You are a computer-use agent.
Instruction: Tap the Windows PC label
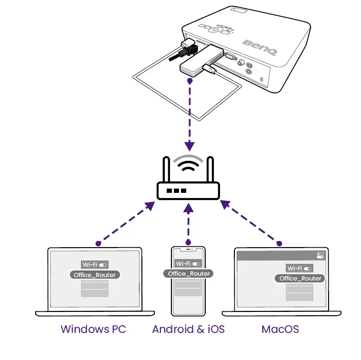[93, 329]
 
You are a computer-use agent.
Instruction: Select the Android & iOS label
[188, 329]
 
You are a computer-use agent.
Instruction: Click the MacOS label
[281, 329]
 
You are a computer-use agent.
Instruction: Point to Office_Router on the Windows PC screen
[94, 275]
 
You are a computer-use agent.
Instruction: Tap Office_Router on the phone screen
[189, 274]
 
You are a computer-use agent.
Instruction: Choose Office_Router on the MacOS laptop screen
[300, 279]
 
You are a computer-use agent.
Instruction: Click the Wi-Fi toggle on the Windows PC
[103, 264]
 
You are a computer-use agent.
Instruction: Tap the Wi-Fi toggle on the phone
[197, 264]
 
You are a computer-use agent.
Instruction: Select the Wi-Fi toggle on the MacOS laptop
[309, 269]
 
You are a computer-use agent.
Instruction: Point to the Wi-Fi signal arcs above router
[189, 164]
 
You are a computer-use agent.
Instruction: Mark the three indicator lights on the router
[177, 191]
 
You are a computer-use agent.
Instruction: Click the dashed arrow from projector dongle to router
[190, 114]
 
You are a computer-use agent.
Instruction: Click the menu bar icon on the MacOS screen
[320, 256]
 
